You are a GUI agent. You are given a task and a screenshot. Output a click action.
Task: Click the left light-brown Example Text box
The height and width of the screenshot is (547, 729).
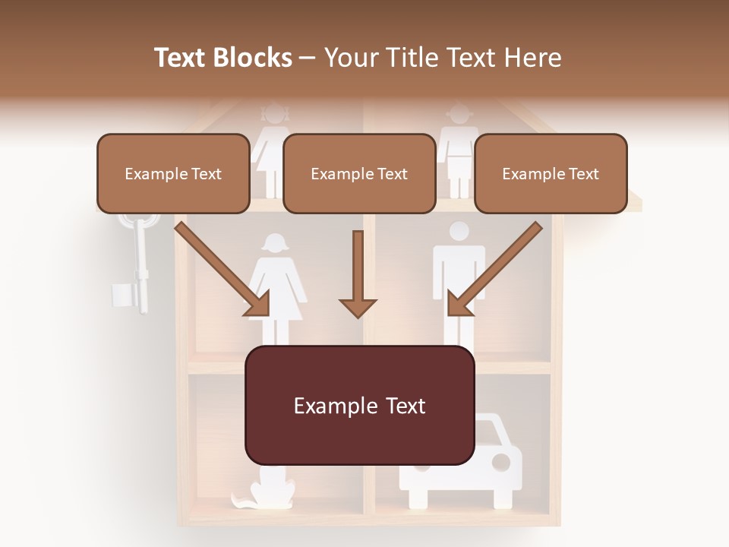[173, 173]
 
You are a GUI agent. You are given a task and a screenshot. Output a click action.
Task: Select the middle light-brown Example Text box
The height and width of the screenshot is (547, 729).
[359, 173]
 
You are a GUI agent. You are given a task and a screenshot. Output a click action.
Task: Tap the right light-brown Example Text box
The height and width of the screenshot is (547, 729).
[551, 173]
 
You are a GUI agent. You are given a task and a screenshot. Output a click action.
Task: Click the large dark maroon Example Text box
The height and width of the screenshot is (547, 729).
[359, 405]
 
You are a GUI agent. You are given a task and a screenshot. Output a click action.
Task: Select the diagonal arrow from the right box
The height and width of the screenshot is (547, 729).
[494, 270]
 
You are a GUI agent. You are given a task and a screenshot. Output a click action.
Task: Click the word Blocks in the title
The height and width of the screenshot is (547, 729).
[254, 57]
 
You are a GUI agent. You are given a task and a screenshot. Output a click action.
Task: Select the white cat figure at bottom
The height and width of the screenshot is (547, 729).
[266, 490]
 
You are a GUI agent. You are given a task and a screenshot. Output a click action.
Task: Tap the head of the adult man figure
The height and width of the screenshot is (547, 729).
[459, 231]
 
